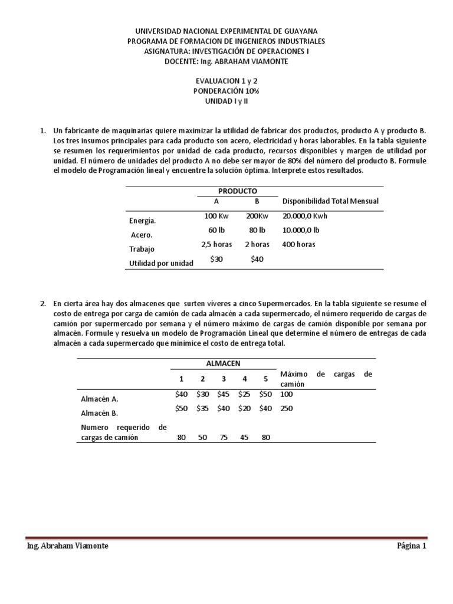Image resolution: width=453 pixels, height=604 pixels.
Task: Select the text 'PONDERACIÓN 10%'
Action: coord(226,92)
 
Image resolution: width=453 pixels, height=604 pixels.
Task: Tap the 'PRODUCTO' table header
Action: coord(234,191)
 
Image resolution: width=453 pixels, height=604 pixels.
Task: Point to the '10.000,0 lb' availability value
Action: coord(301,230)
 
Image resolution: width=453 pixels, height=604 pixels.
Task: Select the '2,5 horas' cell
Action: coord(216,244)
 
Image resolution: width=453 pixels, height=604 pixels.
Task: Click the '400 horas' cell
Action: coord(299,244)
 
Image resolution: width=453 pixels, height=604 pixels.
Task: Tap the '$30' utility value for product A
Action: coord(216,260)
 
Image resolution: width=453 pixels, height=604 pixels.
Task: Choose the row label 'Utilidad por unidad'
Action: coord(161,264)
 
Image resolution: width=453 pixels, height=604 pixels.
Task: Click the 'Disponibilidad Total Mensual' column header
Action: coord(330,201)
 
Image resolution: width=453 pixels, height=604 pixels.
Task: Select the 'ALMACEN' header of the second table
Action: coord(224,363)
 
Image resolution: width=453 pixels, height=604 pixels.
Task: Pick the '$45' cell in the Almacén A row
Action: coord(224,394)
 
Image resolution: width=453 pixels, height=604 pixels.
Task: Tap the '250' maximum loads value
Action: coord(287,408)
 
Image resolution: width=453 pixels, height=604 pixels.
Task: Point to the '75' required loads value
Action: coord(224,438)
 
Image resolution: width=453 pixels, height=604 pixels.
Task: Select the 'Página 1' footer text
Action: coord(411,546)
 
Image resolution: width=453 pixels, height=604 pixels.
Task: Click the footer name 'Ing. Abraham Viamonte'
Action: coord(68,546)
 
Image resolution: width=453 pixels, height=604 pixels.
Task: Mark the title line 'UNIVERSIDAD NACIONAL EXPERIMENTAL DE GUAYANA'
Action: coord(226,31)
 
